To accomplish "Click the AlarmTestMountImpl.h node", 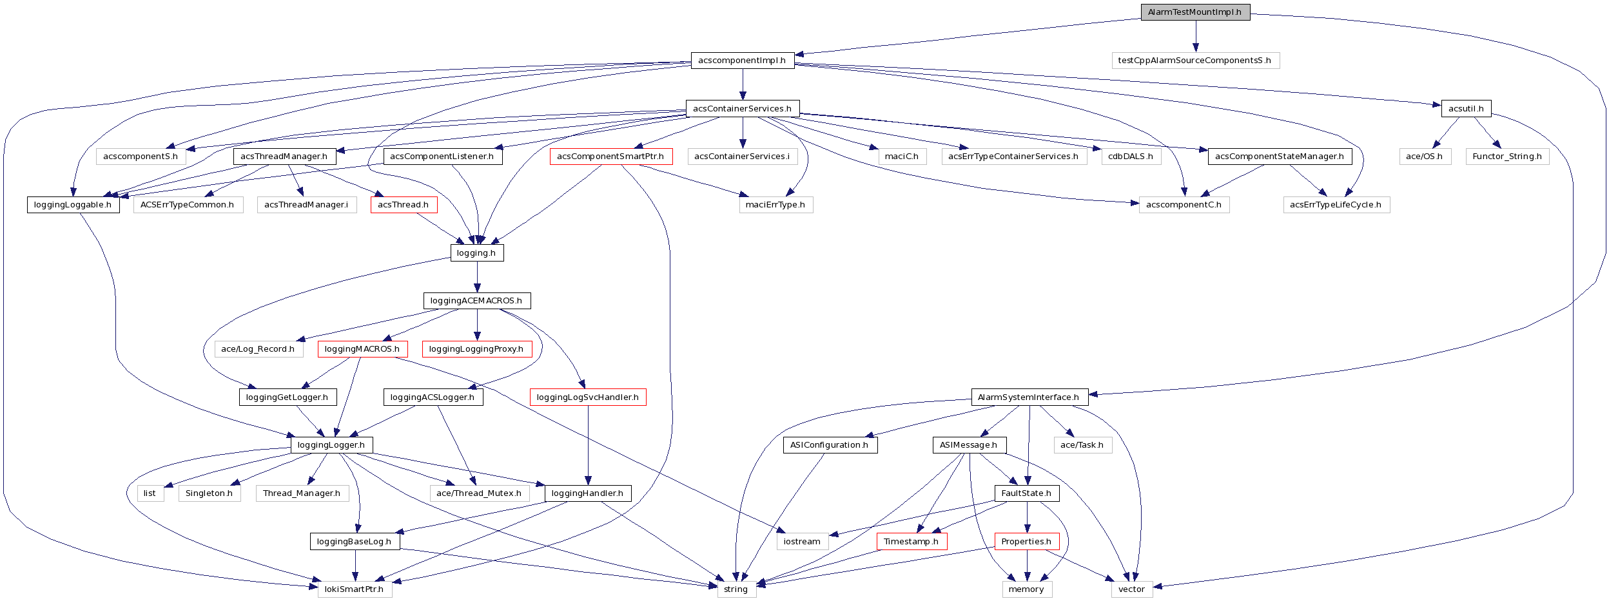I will [1195, 12].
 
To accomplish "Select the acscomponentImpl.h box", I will [742, 61].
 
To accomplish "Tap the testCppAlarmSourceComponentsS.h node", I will [1195, 61].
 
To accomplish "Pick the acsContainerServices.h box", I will [742, 109].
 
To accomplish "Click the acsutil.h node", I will [1465, 109].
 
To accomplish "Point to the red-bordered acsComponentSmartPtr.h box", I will [610, 157].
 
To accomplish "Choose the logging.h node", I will [476, 253].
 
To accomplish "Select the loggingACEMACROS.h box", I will [476, 301].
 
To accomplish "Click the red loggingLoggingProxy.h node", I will [476, 349].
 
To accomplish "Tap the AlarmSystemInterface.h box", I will [1029, 397].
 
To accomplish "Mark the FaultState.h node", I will [1026, 493].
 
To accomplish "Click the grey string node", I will [736, 589].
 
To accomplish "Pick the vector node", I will [1131, 589].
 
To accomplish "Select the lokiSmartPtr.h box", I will [354, 589].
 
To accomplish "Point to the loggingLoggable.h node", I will [73, 205].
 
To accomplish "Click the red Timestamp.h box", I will [911, 542].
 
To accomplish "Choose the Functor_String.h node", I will [1507, 157].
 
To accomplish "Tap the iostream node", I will [802, 542].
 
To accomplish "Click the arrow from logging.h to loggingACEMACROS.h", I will [477, 277].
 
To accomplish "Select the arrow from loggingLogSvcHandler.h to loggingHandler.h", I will [588, 444].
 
